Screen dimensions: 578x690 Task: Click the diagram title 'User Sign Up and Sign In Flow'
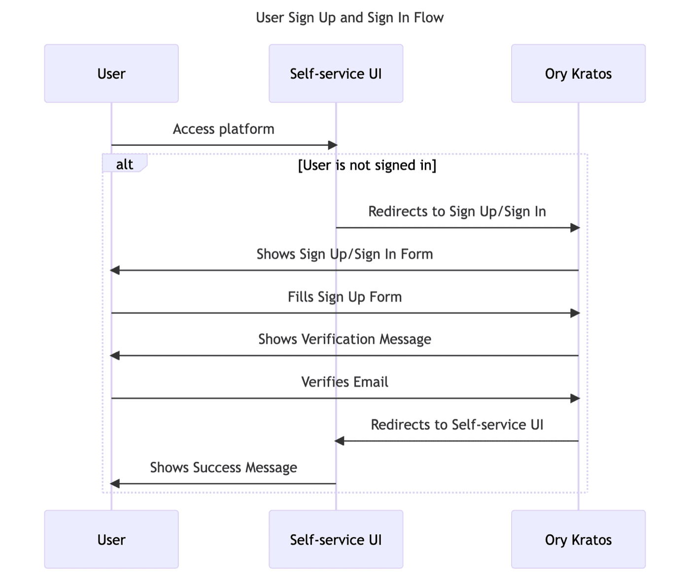tap(349, 18)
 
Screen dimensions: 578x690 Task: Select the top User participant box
tap(111, 73)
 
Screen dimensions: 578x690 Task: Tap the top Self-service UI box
tap(336, 73)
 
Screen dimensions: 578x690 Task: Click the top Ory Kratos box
tap(578, 73)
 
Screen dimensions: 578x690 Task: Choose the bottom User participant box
tap(111, 540)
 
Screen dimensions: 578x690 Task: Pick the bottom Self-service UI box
tap(336, 540)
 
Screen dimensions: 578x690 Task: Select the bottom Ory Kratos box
tap(578, 540)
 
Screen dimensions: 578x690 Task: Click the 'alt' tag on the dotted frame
tap(124, 164)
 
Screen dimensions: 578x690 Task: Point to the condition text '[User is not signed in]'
tap(367, 165)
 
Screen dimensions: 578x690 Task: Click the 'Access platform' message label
tap(223, 129)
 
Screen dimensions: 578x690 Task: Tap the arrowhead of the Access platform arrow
tap(333, 145)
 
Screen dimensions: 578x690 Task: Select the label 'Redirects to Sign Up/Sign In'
tap(457, 211)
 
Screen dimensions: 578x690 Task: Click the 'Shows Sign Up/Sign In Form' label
tap(345, 254)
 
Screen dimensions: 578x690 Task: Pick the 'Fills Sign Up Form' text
tap(345, 297)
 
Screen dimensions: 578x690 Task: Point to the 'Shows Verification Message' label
tap(345, 340)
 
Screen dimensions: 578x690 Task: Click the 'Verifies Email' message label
tap(345, 382)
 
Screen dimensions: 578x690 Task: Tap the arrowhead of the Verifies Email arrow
tap(575, 398)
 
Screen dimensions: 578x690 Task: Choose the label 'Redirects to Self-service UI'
tap(457, 425)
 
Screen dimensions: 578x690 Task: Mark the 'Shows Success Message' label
tap(223, 467)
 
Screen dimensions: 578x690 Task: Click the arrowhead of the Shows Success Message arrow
tap(115, 484)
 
